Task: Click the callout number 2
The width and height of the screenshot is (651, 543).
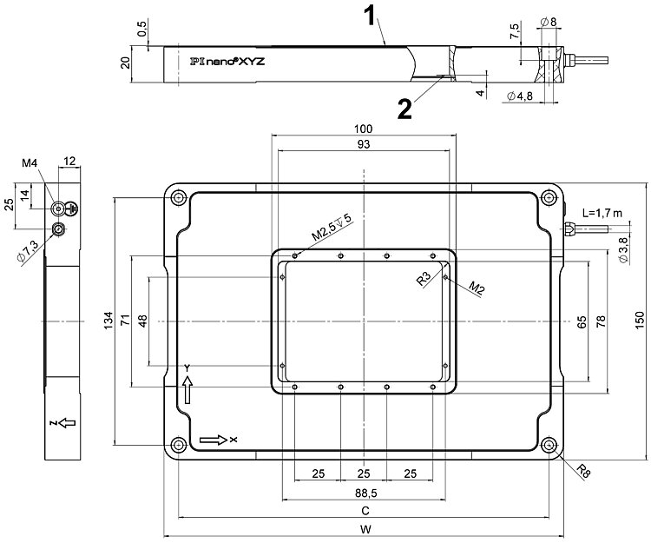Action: (404, 108)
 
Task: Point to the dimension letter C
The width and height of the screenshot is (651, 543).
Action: (365, 511)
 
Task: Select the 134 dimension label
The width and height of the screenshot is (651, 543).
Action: (106, 321)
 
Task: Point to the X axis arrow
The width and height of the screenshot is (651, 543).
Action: (214, 440)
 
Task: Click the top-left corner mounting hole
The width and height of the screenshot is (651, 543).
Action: (179, 199)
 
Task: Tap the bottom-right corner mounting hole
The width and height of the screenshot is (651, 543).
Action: (550, 446)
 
